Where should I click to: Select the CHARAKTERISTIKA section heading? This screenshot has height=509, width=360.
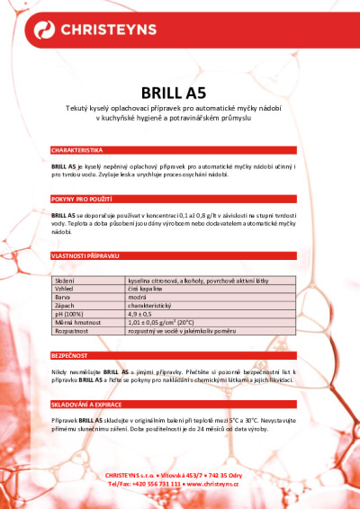(77, 149)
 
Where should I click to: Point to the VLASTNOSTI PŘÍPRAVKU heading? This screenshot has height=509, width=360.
(85, 255)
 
